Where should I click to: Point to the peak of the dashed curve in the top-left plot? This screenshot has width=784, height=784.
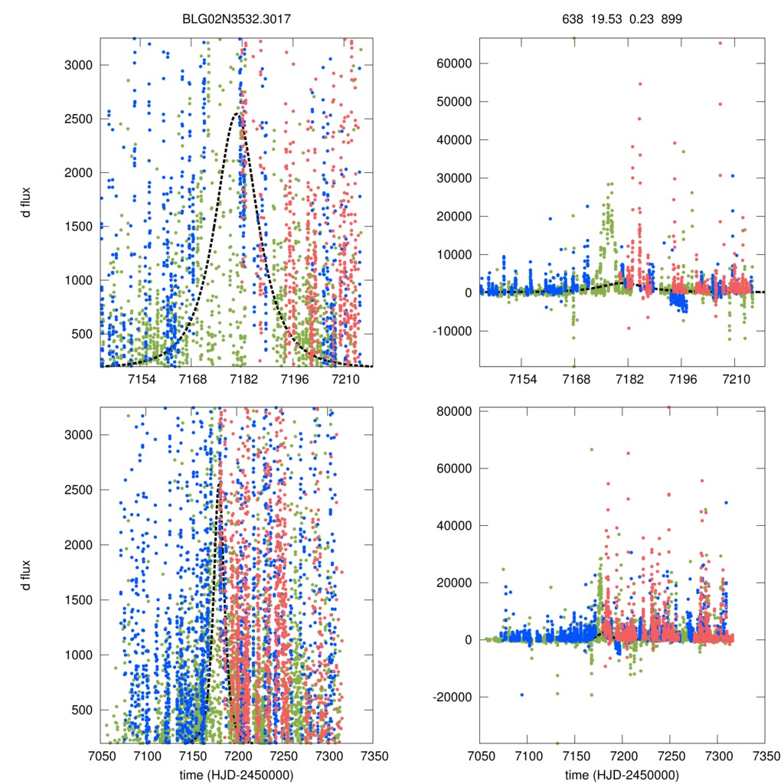pyautogui.click(x=239, y=113)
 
